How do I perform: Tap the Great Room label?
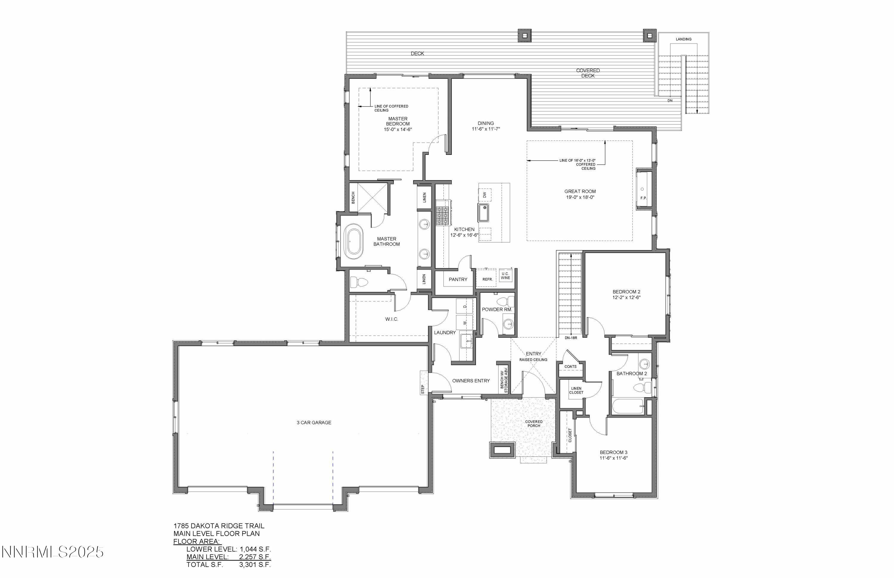(x=580, y=191)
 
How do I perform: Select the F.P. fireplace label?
(x=643, y=198)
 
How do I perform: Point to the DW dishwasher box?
(x=485, y=195)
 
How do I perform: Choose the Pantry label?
(x=458, y=280)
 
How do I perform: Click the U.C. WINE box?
(x=505, y=276)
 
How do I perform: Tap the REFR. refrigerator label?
(x=488, y=280)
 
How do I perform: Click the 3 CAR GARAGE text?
(x=314, y=423)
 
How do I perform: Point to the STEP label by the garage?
(x=423, y=389)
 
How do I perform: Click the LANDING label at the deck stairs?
(x=683, y=39)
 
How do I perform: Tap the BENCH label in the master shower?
(x=353, y=198)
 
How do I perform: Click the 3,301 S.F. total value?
(x=255, y=565)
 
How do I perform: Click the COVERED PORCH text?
(x=533, y=424)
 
